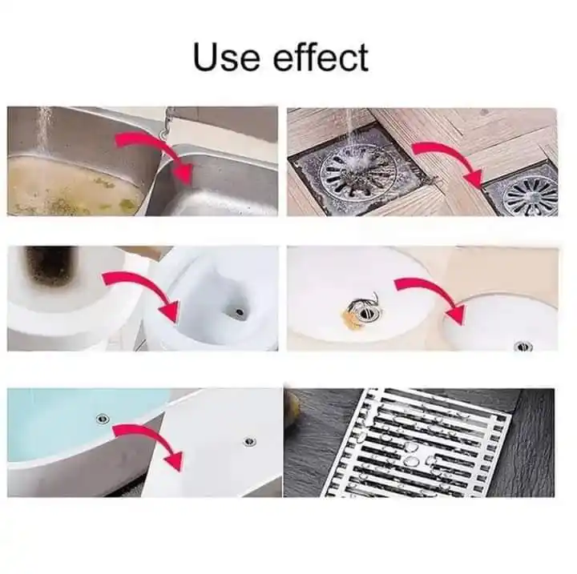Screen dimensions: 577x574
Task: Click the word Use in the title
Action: coord(226,57)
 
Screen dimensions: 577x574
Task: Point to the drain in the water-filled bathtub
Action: coord(103,418)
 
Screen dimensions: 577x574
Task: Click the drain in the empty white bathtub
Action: coord(249,442)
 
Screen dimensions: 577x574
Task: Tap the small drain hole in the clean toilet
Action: coord(240,312)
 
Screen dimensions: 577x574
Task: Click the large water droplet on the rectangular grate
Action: coord(410,460)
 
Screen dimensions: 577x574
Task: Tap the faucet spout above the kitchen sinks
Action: coord(167,123)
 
